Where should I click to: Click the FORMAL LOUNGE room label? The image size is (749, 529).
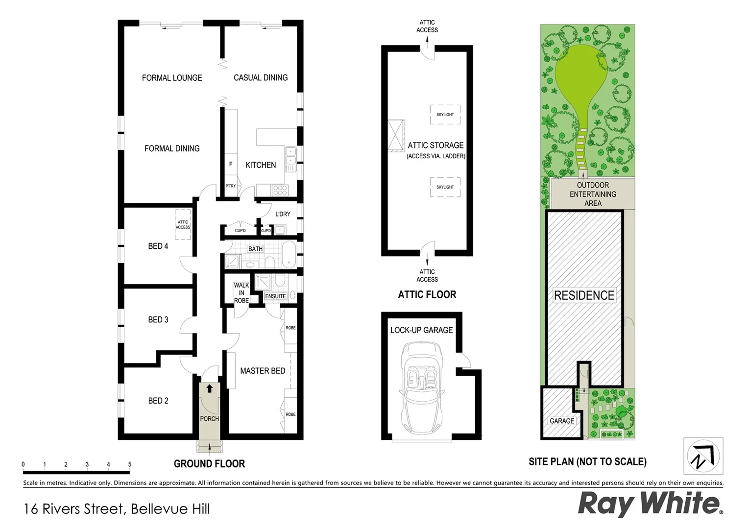[x=172, y=78]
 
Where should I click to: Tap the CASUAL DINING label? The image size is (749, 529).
[x=261, y=78]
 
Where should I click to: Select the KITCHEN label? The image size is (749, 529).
[x=261, y=165]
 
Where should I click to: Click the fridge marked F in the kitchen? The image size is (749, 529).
[x=231, y=165]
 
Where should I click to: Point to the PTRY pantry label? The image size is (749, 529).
[x=231, y=186]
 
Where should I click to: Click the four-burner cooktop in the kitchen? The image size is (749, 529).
[x=280, y=190]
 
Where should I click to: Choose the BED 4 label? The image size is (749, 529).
[x=158, y=246]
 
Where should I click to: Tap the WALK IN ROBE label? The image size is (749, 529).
[x=242, y=293]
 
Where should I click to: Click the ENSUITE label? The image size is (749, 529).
[x=275, y=296]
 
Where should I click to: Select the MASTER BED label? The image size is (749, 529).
[x=263, y=371]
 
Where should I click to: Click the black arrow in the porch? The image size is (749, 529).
[x=210, y=389]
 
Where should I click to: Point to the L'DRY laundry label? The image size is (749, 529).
[x=283, y=214]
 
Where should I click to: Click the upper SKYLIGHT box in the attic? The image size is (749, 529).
[x=445, y=115]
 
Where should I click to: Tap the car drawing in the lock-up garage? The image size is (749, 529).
[x=422, y=387]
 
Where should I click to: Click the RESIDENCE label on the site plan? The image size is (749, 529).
[x=584, y=295]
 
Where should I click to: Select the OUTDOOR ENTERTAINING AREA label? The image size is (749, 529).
[x=593, y=194]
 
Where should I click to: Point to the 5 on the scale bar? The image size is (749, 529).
[x=130, y=464]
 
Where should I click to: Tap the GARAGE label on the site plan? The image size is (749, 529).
[x=562, y=421]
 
